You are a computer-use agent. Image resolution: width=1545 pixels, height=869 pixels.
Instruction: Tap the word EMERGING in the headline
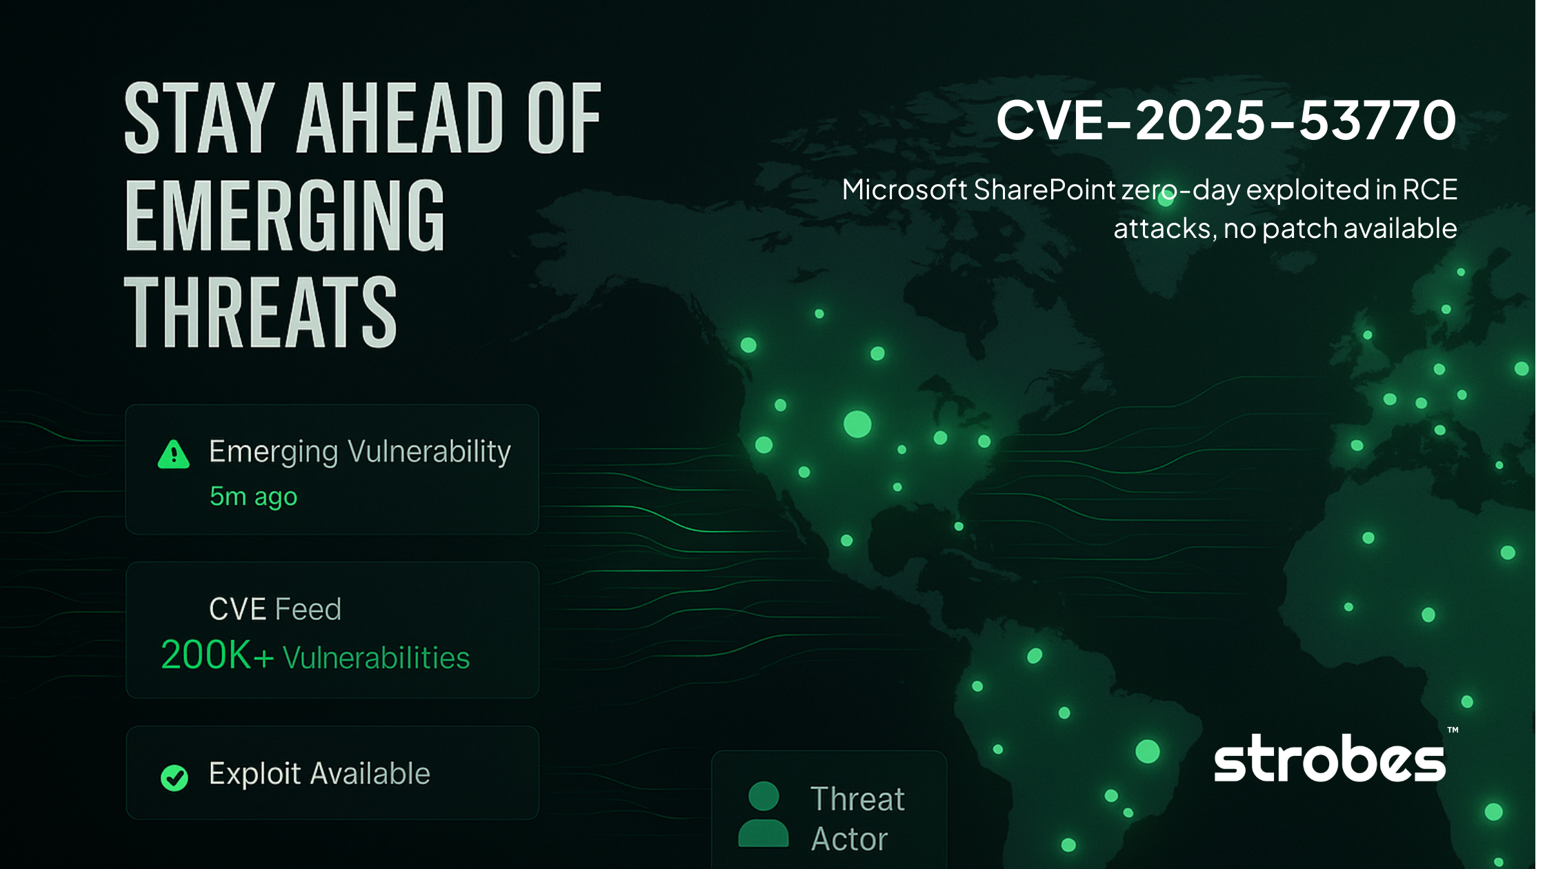pos(285,215)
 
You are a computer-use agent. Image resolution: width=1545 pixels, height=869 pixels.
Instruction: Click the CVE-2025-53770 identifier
pos(1226,120)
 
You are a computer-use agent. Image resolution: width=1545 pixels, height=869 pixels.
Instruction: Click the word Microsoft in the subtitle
pos(904,190)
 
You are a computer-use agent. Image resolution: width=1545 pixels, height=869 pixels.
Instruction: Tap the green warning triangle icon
pos(174,455)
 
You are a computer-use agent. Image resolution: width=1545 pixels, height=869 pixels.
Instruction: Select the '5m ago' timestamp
pos(253,497)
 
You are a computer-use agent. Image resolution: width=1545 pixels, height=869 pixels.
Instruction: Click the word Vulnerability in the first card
pos(429,452)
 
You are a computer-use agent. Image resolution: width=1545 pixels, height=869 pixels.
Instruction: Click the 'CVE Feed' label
pos(275,610)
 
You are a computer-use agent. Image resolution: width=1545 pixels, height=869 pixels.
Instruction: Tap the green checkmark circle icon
pos(175,777)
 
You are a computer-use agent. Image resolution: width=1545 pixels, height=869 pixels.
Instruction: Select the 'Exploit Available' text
pos(319,774)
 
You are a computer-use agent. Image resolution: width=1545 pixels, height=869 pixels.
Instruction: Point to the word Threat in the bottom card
pos(857,799)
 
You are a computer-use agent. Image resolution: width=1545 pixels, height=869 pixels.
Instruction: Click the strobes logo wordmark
pos(1329,759)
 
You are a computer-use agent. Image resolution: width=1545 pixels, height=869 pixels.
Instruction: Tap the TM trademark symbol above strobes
pos(1453,730)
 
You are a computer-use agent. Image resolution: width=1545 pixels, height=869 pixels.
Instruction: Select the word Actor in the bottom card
pos(849,839)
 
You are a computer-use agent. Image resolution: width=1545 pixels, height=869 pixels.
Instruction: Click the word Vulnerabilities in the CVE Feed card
pos(377,658)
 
